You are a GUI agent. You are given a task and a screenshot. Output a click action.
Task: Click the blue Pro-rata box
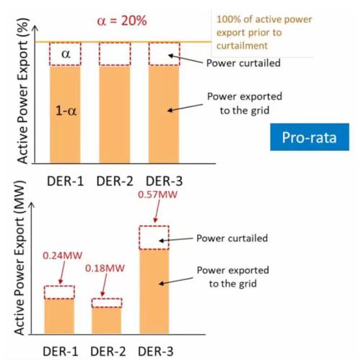[310, 137]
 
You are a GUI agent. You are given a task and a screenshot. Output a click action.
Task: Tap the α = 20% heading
[122, 21]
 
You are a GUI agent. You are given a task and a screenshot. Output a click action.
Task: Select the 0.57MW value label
[157, 194]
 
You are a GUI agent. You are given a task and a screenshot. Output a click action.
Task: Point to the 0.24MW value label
[62, 255]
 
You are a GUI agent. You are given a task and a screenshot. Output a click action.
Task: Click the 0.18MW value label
[105, 268]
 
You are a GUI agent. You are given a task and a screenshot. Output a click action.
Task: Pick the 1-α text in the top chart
[66, 111]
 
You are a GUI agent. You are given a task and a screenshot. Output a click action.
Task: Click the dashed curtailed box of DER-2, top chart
[115, 53]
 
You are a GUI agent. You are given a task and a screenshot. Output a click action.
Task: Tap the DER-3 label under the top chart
[164, 181]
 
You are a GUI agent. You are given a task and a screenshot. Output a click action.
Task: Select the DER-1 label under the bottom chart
[61, 351]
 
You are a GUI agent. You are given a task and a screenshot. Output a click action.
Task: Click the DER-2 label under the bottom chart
[108, 351]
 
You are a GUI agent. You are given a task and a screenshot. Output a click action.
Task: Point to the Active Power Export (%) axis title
[22, 91]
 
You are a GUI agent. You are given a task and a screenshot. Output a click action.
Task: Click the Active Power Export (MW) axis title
[19, 257]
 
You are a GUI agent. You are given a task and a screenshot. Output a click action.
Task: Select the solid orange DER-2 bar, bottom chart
[107, 320]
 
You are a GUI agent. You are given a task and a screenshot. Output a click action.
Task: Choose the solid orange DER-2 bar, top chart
[115, 114]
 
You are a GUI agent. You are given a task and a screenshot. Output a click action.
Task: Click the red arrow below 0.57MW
[157, 211]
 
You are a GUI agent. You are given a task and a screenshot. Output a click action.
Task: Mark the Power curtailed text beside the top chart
[243, 63]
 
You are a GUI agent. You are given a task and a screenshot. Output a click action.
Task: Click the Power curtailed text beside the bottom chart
[232, 238]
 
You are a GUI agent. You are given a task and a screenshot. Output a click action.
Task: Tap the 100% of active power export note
[264, 33]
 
